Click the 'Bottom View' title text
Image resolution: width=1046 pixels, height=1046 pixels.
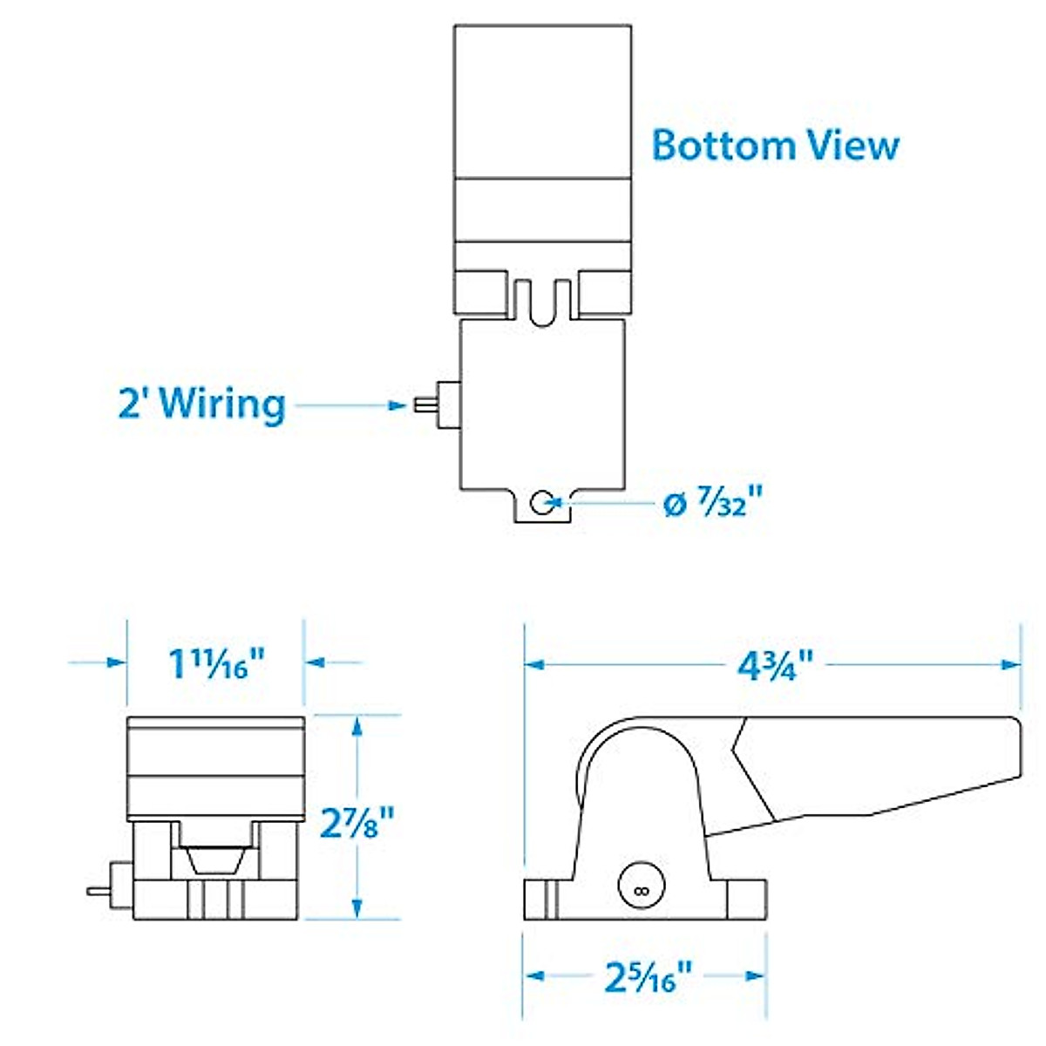coord(775,145)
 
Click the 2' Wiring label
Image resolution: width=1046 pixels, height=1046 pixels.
coord(202,404)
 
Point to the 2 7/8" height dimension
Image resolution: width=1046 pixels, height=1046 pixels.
coord(357,821)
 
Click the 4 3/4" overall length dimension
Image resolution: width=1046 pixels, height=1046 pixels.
coord(775,666)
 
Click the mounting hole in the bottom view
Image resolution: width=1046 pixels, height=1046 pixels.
coord(541,502)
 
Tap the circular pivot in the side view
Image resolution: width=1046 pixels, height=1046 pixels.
coord(641,888)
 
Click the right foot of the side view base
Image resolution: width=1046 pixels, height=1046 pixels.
coord(745,900)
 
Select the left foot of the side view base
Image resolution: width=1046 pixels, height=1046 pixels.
coord(540,900)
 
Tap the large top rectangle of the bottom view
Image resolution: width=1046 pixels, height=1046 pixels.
coord(542,102)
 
